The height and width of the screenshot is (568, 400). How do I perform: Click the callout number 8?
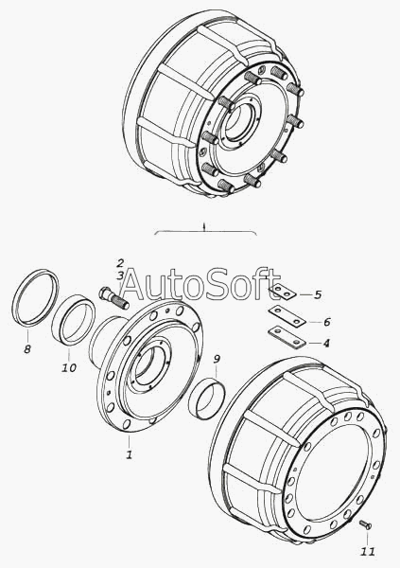pos(27,349)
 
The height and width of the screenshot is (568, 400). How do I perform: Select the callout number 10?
pos(69,367)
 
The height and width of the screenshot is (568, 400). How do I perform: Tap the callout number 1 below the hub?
pos(130,454)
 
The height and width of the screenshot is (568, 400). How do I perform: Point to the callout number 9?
pos(217,359)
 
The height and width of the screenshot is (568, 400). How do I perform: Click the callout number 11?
pos(368,551)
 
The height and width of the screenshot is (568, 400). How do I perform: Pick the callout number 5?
pos(318,294)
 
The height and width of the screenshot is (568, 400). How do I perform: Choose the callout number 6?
pos(326,322)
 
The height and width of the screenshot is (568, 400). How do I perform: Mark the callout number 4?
pos(326,343)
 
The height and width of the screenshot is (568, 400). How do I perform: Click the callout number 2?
pos(120,263)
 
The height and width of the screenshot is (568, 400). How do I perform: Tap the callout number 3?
pos(120,275)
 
